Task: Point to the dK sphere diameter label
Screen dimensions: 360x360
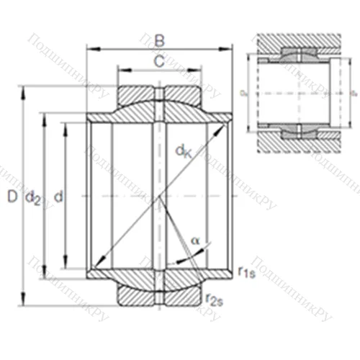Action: point(183,150)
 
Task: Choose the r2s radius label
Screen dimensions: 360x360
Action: point(213,300)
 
